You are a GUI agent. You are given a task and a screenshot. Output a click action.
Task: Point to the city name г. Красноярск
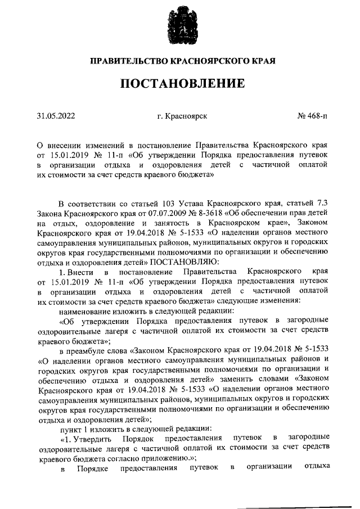click(x=182, y=116)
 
